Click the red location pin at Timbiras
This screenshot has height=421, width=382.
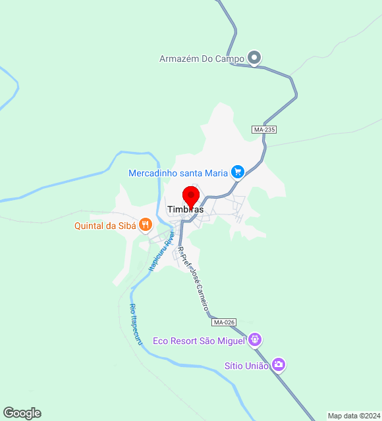191,196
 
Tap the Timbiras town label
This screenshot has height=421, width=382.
185,210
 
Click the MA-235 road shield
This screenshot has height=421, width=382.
264,130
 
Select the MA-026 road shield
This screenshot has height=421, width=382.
224,322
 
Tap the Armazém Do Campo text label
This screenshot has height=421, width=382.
202,59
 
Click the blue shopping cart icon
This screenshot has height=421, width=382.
238,173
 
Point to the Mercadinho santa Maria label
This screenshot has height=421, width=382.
178,173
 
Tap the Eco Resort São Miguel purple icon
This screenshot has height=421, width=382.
256,340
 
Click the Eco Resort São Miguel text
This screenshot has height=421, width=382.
199,341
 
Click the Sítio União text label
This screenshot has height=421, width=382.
246,366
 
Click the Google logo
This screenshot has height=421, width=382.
22,413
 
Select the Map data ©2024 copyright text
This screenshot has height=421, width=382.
354,416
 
